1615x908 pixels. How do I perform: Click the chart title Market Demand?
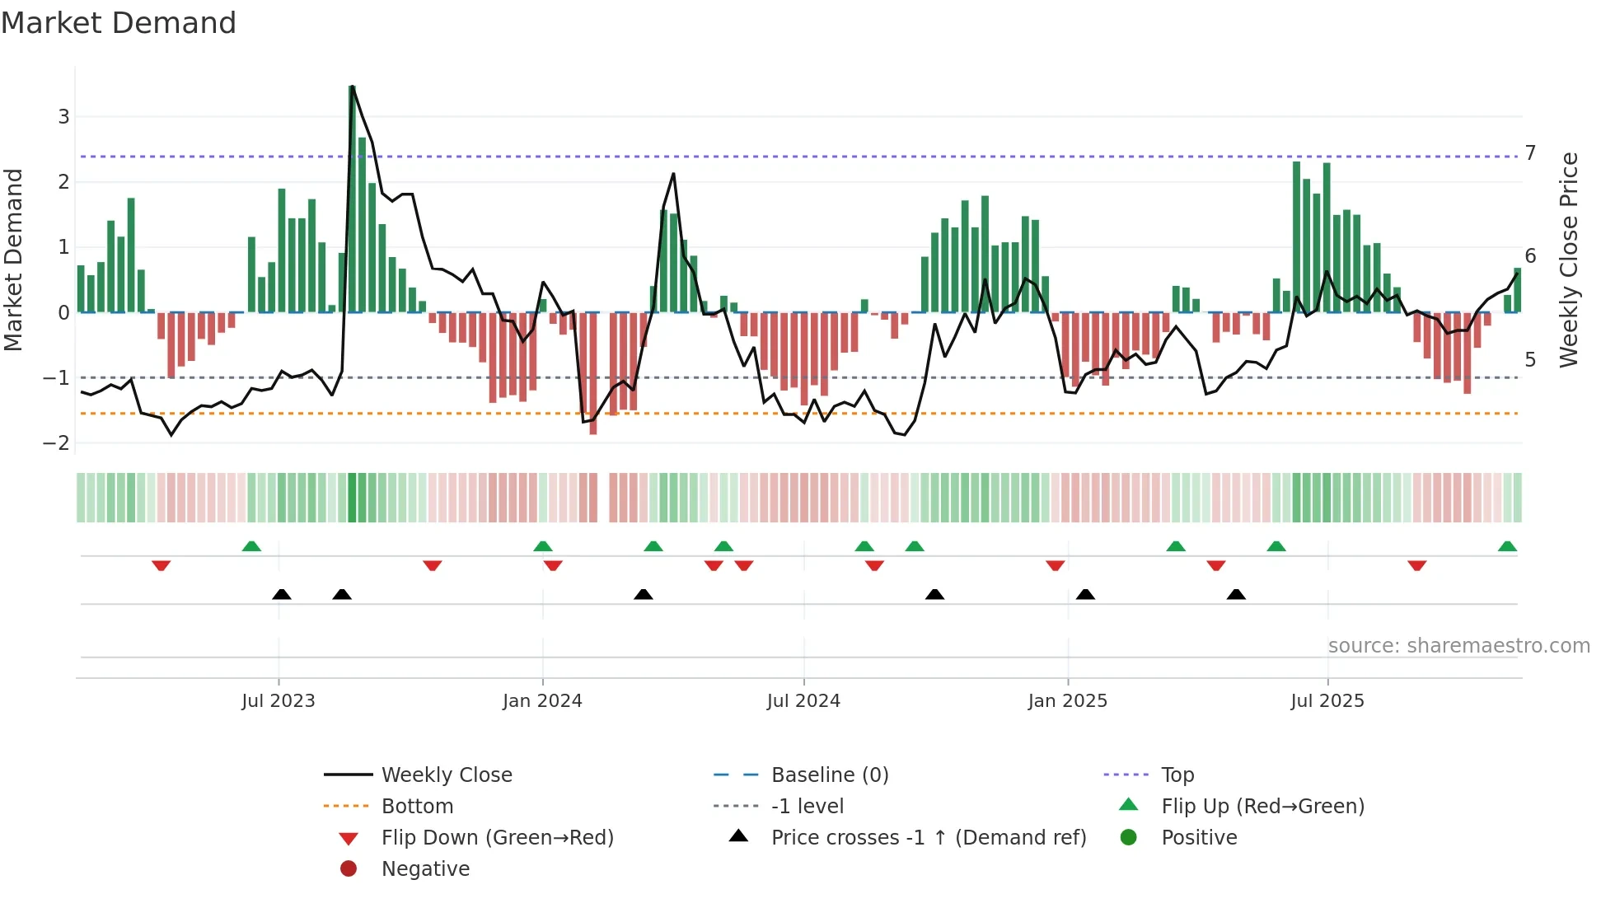coord(119,23)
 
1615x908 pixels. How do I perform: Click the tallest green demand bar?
coord(352,199)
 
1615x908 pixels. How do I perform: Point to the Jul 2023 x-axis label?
coord(279,700)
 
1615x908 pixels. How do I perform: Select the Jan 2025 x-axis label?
coord(1067,700)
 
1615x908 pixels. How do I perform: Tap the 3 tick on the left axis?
coord(63,116)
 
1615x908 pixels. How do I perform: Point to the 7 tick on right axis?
coord(1530,152)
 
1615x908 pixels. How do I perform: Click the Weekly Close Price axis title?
coord(1569,260)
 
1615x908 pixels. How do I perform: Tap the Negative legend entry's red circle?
coord(349,868)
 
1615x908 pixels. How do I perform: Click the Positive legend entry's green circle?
coord(1129,837)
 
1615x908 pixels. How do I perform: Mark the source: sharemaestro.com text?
coord(1458,645)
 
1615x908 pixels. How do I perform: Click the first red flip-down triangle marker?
coord(161,565)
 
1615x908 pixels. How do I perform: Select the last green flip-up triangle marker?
coord(1507,546)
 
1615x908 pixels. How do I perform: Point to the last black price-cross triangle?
coord(1236,594)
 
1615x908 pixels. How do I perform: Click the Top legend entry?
coord(1177,775)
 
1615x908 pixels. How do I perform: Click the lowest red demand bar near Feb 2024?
coord(593,373)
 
